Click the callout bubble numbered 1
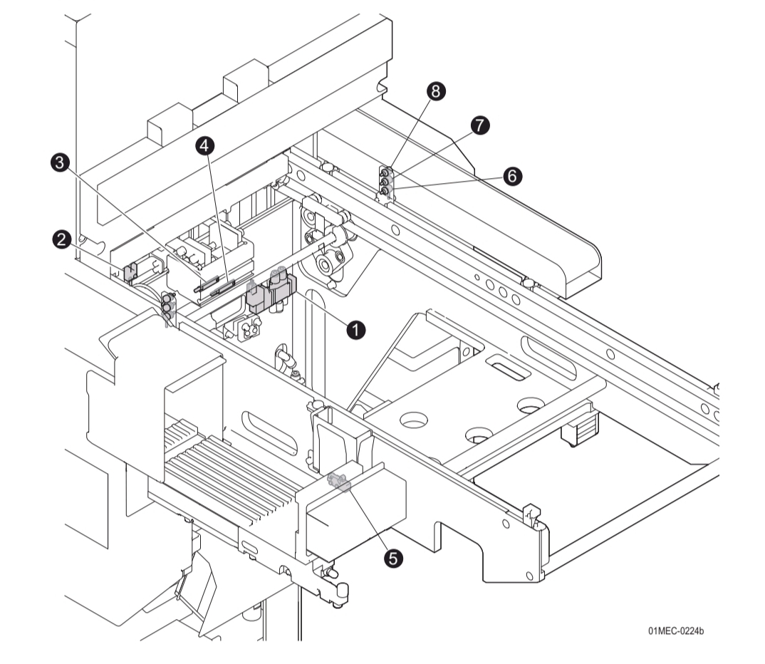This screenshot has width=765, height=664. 355,329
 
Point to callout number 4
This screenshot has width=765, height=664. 205,146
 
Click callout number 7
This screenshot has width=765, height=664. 479,125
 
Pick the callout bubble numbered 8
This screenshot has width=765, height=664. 435,90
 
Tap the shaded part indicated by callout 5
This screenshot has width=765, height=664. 339,482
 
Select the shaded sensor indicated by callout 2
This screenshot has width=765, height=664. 130,271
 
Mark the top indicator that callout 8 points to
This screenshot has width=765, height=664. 385,172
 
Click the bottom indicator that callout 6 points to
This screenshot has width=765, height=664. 385,190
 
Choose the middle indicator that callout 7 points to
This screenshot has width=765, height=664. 385,182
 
